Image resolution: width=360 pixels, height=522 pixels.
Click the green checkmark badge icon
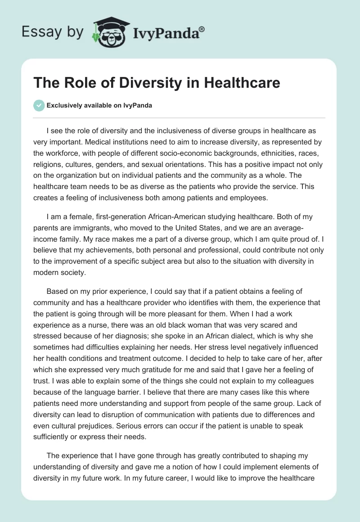click(39, 105)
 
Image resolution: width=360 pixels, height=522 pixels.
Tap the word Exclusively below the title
click(66, 106)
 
